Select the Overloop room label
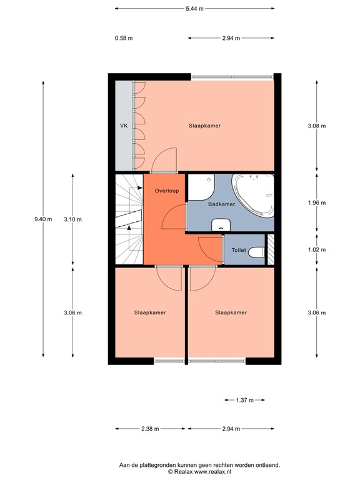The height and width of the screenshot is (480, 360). coord(166,191)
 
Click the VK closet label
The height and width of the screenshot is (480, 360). coord(124,126)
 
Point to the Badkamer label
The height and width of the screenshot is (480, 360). coord(221,203)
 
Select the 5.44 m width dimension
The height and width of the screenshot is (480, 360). coord(194,9)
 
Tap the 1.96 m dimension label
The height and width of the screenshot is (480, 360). coord(317,203)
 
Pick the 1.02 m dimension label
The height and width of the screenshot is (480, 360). coord(317,250)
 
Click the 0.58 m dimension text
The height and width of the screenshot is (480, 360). coord(124,38)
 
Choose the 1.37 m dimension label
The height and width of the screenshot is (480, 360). coord(244,400)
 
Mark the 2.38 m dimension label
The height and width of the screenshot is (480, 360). coord(150,429)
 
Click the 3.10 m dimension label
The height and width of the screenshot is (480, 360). coord(72,219)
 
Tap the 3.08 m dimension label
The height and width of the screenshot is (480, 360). coord(317,126)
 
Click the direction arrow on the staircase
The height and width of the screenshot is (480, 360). coord(129,229)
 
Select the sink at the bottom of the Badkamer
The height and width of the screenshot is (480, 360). coord(221,225)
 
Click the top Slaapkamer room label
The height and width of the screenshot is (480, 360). coord(205,126)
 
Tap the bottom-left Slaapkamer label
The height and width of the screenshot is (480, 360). coord(150,312)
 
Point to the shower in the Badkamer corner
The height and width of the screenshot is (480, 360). coord(201,185)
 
